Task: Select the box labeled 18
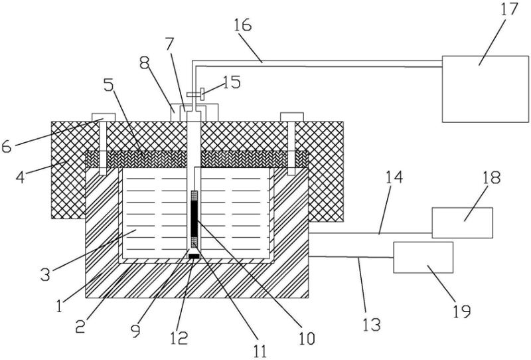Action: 462,223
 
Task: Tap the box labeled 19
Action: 423,257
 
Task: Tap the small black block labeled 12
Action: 194,256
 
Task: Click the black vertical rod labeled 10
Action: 194,219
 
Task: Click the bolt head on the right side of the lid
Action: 292,118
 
